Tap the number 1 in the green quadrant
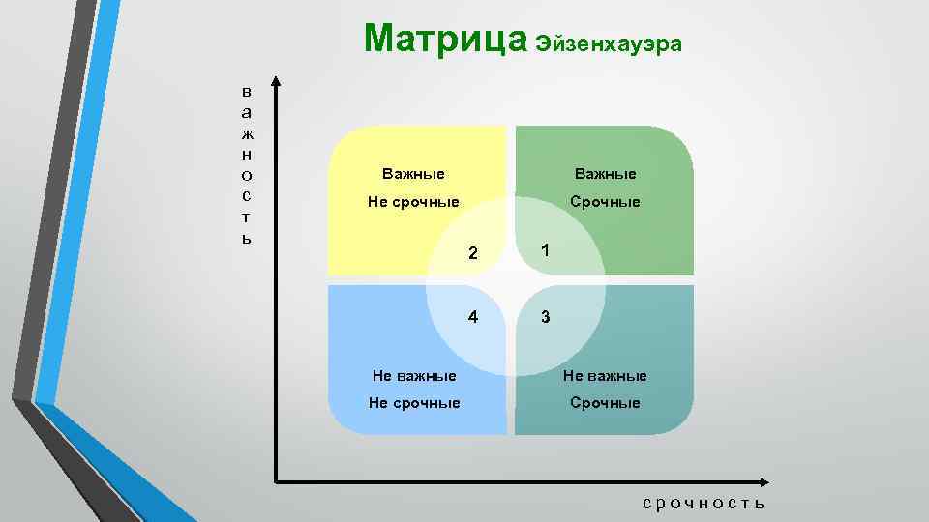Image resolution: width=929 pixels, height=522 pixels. point(546,250)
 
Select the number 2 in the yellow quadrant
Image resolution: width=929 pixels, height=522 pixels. point(473,254)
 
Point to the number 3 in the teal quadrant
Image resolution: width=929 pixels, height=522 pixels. point(546,317)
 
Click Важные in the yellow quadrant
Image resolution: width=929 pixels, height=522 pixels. point(413,174)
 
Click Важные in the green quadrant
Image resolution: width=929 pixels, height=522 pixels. point(605,174)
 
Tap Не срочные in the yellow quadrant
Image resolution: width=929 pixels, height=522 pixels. point(413,202)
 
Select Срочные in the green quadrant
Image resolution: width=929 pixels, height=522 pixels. point(605,202)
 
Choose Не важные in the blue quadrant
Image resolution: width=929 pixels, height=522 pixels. point(415,375)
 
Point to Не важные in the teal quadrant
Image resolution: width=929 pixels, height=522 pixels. point(606,375)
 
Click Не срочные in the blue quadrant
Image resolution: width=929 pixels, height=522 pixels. point(414,402)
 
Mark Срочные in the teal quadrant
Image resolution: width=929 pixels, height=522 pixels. point(605,402)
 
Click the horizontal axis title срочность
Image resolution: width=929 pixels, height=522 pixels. point(704,503)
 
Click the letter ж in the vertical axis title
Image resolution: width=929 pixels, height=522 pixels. point(247,132)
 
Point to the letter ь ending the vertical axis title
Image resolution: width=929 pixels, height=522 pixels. point(247,238)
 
